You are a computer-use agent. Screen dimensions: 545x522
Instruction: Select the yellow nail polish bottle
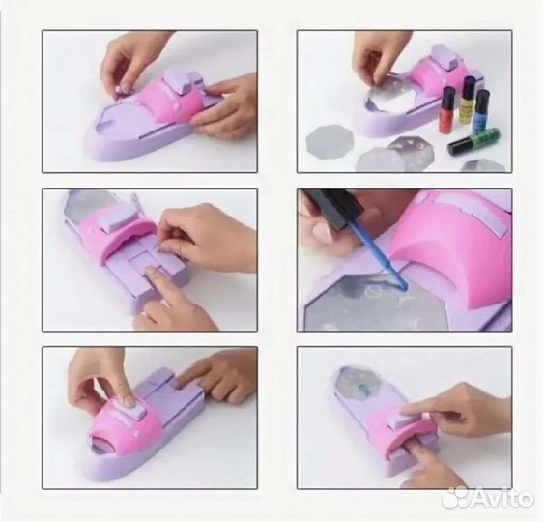pyautogui.click(x=468, y=100)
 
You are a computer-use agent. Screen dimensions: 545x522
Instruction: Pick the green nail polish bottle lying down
pyautogui.click(x=474, y=141)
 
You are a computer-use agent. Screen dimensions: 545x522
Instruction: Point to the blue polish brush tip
pyautogui.click(x=404, y=287)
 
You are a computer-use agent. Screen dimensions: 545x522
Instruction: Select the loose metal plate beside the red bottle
pyautogui.click(x=330, y=141)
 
